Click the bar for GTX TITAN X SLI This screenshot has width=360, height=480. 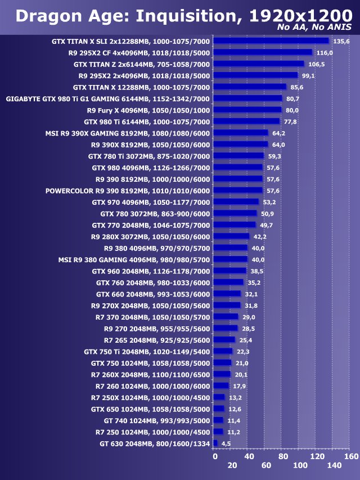tap(272, 41)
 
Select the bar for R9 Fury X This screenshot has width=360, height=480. tap(248, 110)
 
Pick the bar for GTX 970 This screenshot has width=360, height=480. tap(237, 202)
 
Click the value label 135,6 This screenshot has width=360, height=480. tap(341, 41)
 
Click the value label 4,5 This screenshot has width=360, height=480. tap(226, 444)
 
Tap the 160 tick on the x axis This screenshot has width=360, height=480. tap(351, 456)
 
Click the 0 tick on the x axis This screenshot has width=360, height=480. tap(215, 456)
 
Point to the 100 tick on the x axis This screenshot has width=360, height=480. tap(300, 466)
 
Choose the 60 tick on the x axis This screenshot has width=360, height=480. tap(266, 466)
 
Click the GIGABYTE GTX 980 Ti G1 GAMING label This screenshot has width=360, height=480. tap(108, 98)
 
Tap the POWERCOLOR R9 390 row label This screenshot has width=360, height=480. tap(128, 191)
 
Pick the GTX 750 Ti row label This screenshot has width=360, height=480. tap(147, 351)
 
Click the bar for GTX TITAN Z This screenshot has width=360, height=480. tap(259, 64)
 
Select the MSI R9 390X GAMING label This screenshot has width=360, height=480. tap(128, 133)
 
